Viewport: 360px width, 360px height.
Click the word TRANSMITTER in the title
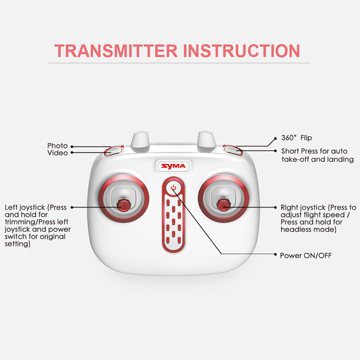click(x=116, y=51)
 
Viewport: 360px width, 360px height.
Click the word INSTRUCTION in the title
click(x=242, y=51)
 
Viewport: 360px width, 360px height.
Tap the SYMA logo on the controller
click(x=173, y=166)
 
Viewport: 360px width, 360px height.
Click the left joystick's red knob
click(x=123, y=205)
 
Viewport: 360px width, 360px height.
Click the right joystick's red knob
click(x=223, y=205)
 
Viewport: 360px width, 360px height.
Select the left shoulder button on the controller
click(x=114, y=150)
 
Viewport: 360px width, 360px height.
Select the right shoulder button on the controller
click(x=233, y=150)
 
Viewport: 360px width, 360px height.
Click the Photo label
click(x=58, y=145)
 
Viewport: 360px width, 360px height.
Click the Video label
click(x=58, y=153)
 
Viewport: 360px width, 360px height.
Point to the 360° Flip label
click(x=297, y=138)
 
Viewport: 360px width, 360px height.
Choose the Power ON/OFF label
click(x=306, y=255)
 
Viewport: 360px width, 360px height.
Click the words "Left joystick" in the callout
click(x=25, y=207)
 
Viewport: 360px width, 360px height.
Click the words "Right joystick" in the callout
click(x=303, y=207)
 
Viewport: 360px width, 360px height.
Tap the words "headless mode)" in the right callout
click(x=308, y=229)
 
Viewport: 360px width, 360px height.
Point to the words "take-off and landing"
click(x=318, y=159)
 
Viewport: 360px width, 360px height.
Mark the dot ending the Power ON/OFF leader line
click(x=275, y=254)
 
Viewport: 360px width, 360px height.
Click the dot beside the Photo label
click(x=72, y=147)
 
